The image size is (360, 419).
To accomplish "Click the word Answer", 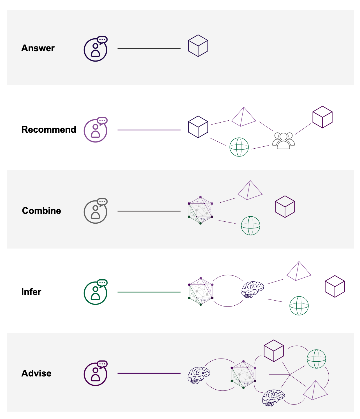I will tap(38, 48).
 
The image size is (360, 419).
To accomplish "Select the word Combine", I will tap(41, 211).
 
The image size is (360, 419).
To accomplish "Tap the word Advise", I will tap(36, 373).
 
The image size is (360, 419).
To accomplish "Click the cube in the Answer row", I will tap(198, 46).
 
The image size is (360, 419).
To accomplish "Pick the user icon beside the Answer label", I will tap(96, 50).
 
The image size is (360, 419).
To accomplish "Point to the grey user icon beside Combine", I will tap(96, 212).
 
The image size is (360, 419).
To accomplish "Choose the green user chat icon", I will tap(96, 293).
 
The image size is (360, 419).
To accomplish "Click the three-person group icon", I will tap(284, 141).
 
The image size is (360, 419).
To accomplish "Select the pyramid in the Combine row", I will tap(250, 190).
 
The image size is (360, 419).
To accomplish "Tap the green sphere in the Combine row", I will tap(250, 226).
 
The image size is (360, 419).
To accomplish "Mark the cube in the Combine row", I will tap(285, 207).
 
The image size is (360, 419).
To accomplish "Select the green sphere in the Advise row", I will tap(316, 359).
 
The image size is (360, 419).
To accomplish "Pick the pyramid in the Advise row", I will tap(315, 391).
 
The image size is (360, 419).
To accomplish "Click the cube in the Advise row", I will tap(274, 351).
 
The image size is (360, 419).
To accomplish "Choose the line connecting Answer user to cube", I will tap(149, 49).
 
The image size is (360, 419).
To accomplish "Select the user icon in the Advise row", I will tap(96, 374).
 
